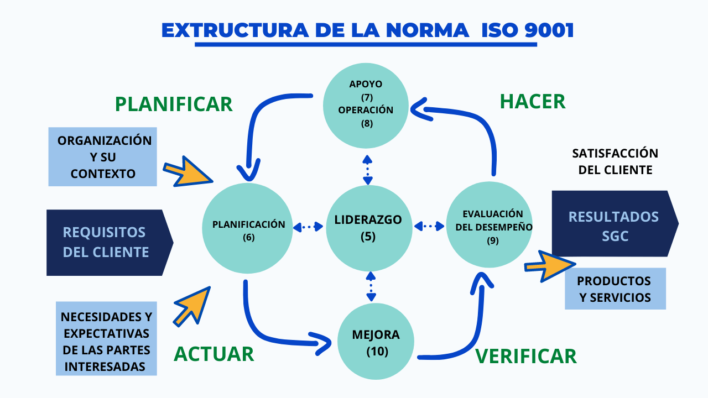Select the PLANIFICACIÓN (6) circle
click(247, 229)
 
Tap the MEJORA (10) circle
click(376, 343)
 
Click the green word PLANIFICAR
click(174, 104)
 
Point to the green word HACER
click(533, 102)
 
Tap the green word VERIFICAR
click(526, 356)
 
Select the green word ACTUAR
click(214, 354)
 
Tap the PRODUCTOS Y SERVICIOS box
click(615, 289)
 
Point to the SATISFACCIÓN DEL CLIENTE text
click(615, 161)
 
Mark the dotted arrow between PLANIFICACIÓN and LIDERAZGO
click(308, 226)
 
